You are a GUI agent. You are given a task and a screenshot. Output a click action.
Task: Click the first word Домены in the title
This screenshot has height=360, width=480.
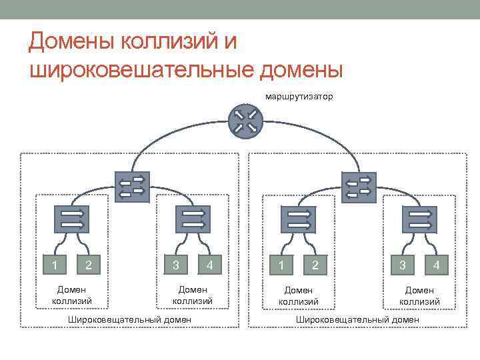72,43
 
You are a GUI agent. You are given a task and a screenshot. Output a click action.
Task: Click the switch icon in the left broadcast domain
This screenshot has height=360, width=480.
132,186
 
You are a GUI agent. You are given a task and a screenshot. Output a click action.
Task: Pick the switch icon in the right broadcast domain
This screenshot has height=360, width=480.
359,186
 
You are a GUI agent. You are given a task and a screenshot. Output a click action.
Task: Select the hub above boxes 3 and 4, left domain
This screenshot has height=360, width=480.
193,219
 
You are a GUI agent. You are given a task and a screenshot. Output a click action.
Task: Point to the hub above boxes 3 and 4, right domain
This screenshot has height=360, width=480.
419,219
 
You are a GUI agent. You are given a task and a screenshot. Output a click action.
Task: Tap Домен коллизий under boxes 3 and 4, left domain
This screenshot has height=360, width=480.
193,295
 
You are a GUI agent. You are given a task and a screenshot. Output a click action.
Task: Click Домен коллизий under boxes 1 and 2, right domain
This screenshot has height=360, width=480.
299,295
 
